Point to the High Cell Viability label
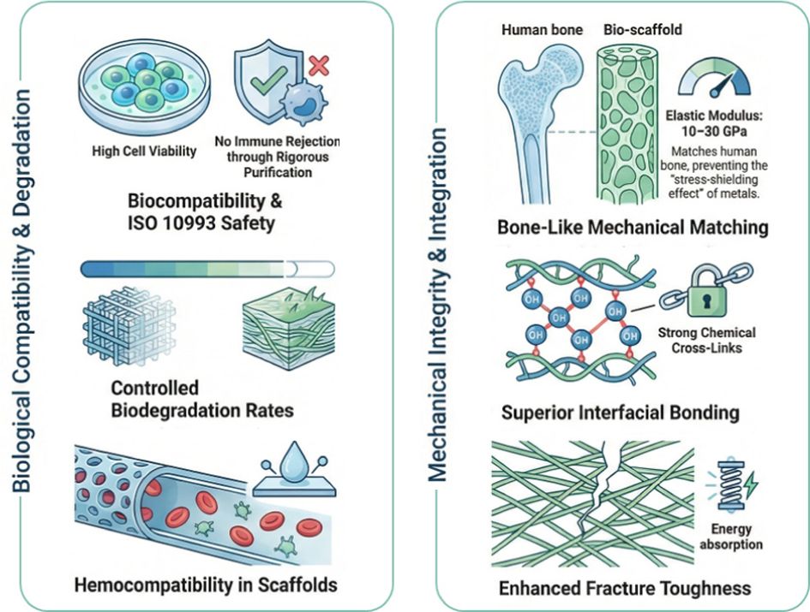pos(143,152)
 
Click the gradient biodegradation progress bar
pos(198,269)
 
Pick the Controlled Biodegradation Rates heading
pos(201,399)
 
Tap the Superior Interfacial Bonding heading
pos(620,413)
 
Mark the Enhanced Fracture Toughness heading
pos(625,587)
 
